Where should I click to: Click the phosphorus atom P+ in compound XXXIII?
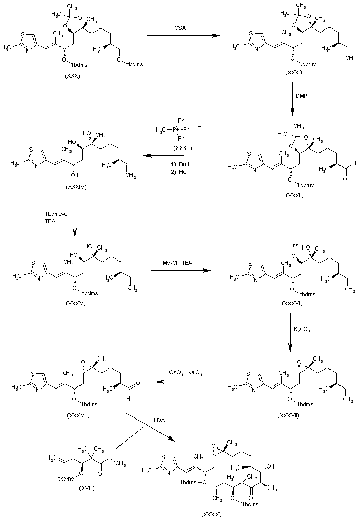(177, 129)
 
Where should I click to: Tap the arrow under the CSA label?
(182, 35)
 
